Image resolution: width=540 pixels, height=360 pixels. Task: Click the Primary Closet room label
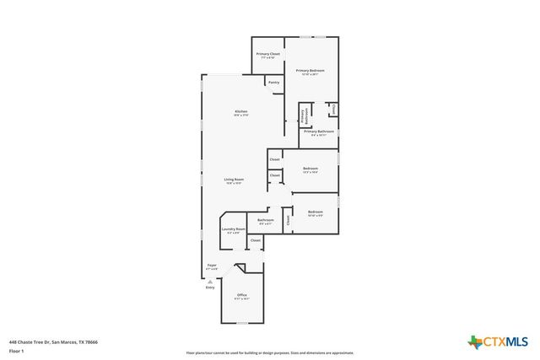pyautogui.click(x=267, y=56)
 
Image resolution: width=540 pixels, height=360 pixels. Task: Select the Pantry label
pyautogui.click(x=273, y=83)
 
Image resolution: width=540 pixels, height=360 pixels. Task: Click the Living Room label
pyautogui.click(x=234, y=180)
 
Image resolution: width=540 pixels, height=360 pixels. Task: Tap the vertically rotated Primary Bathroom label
pyautogui.click(x=305, y=117)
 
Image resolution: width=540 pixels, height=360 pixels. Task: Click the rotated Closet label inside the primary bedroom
pyautogui.click(x=333, y=109)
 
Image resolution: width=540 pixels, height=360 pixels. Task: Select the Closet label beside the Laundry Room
pyautogui.click(x=255, y=240)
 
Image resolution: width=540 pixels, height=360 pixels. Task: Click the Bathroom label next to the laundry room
pyautogui.click(x=266, y=222)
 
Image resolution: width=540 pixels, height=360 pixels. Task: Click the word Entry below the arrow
pyautogui.click(x=210, y=288)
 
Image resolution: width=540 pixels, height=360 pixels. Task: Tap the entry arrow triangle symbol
pyautogui.click(x=210, y=282)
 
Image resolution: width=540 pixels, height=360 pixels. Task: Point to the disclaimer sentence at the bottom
pyautogui.click(x=270, y=352)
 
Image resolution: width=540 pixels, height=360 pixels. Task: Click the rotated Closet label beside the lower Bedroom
pyautogui.click(x=288, y=221)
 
